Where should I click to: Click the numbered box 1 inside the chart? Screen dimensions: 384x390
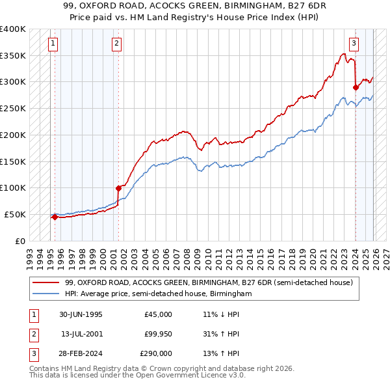click(x=53, y=44)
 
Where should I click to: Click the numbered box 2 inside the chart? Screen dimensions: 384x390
click(x=116, y=44)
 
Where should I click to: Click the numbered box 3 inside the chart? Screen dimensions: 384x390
click(x=354, y=44)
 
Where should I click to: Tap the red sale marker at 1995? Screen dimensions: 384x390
click(x=55, y=217)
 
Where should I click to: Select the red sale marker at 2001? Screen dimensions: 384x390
click(x=118, y=188)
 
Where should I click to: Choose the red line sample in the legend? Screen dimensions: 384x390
click(x=46, y=283)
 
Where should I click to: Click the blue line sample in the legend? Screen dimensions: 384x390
click(x=46, y=294)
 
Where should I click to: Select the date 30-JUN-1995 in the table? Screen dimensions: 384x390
click(x=81, y=314)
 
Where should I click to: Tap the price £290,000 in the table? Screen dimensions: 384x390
click(x=156, y=353)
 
